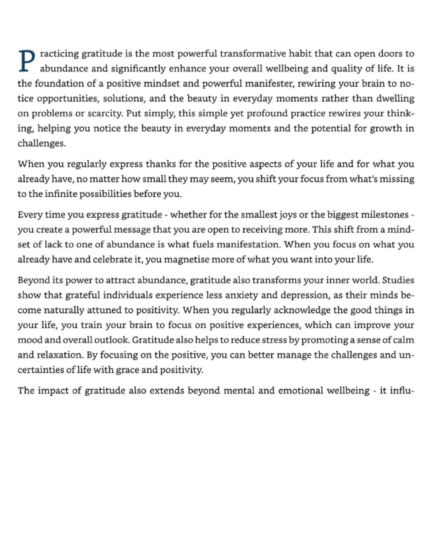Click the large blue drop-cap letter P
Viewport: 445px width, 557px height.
(x=27, y=61)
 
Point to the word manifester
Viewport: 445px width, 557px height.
(x=269, y=83)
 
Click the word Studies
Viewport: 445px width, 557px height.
(x=398, y=281)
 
